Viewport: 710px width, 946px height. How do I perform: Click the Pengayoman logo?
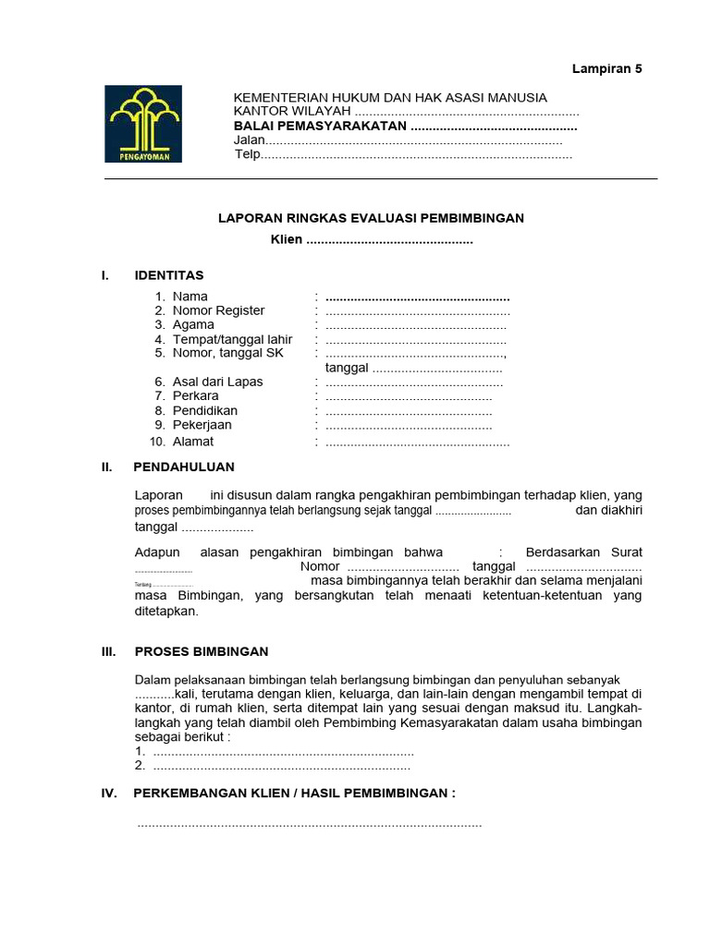pyautogui.click(x=143, y=124)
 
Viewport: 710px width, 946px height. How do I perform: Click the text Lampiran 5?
pyautogui.click(x=606, y=68)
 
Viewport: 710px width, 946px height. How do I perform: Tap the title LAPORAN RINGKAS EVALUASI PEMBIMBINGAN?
pyautogui.click(x=371, y=218)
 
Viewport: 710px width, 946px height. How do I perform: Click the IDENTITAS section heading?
pyautogui.click(x=169, y=275)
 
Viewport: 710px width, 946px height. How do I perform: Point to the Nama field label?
pyautogui.click(x=190, y=297)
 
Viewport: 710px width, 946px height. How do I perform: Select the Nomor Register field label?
pyautogui.click(x=218, y=310)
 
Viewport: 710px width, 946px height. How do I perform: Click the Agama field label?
pyautogui.click(x=193, y=324)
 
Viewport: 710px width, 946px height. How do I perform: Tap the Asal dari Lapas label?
pyautogui.click(x=217, y=382)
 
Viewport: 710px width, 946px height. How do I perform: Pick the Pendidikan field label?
pyautogui.click(x=205, y=410)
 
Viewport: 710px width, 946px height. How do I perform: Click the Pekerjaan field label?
pyautogui.click(x=202, y=425)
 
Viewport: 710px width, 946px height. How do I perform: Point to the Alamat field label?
pyautogui.click(x=193, y=442)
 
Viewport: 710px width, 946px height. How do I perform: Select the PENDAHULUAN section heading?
pyautogui.click(x=184, y=467)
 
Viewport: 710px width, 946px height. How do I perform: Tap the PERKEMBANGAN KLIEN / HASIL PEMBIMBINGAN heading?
pyautogui.click(x=295, y=794)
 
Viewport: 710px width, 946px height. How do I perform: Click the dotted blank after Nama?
pyautogui.click(x=418, y=297)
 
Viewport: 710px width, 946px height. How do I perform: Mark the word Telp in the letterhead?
pyautogui.click(x=247, y=155)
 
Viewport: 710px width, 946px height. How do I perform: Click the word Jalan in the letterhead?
pyautogui.click(x=250, y=140)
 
